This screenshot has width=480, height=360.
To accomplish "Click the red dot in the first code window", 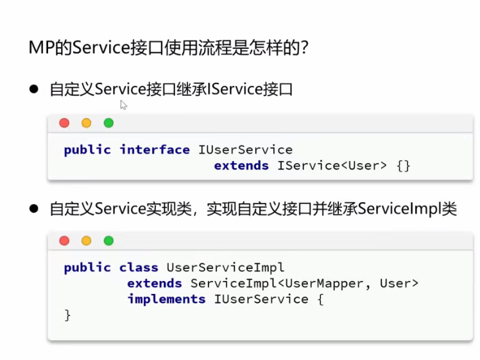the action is pos(64,123).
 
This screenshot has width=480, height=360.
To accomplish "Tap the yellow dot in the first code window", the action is pos(86,123).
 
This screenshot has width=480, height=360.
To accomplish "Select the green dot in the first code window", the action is pos(108,123).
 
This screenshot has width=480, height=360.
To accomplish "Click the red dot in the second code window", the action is pos(64,241).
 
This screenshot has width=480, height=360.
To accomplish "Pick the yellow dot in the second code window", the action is pos(86,241).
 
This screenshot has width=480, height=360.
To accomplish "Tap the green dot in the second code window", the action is pos(108,241).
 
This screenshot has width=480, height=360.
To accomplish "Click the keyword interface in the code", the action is pos(155,150).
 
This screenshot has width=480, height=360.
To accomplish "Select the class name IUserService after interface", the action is pos(245,150).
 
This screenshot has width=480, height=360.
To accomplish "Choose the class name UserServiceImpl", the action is pos(225,268).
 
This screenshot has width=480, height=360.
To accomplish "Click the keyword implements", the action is pos(166,299).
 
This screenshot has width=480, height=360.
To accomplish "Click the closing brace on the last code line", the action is pos(67,315).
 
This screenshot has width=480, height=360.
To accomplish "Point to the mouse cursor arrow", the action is pos(123,105).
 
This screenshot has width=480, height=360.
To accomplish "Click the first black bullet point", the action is pos(35,89).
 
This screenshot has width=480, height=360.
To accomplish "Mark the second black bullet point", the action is pos(35,209).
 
